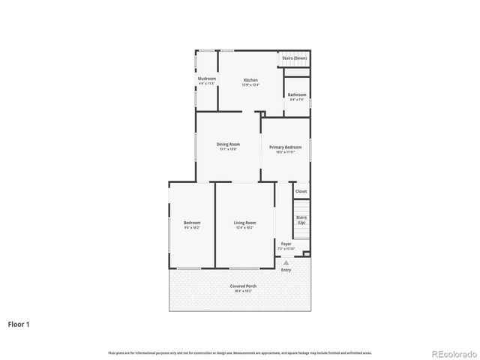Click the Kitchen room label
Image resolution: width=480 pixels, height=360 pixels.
(x=250, y=80)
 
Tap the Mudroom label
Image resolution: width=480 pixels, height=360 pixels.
(x=207, y=79)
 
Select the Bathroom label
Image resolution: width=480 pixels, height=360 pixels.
(x=296, y=94)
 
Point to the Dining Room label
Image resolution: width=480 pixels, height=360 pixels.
(x=228, y=144)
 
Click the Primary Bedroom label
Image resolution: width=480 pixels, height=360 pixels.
(x=286, y=147)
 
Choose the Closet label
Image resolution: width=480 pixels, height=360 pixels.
(x=301, y=191)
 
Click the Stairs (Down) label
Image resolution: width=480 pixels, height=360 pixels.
(x=294, y=58)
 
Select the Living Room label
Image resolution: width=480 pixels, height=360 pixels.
(x=244, y=223)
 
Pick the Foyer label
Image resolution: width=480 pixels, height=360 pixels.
(x=286, y=244)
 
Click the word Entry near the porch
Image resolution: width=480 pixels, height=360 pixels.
(x=286, y=270)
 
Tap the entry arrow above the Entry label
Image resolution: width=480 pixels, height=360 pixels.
(x=286, y=262)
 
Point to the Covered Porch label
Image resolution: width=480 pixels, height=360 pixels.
(x=243, y=286)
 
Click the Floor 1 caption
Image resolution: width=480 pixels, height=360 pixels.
(x=19, y=325)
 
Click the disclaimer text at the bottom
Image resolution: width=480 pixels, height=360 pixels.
(x=240, y=352)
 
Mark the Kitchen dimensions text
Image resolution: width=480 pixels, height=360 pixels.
(x=250, y=85)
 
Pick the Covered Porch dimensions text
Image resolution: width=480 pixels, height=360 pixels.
(x=243, y=291)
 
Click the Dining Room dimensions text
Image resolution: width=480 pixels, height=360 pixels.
(x=228, y=149)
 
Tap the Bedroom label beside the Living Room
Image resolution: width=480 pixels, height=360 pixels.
(x=192, y=223)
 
